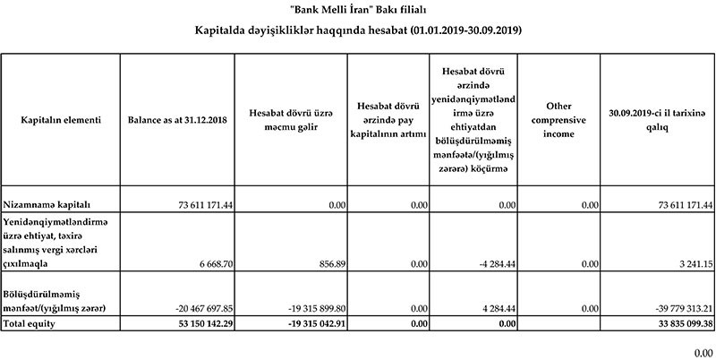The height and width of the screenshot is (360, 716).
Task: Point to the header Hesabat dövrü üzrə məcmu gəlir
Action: pos(292,119)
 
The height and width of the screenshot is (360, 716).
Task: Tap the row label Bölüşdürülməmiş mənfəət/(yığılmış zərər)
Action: pos(56,300)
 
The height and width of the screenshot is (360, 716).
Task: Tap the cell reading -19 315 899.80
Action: pos(310,308)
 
